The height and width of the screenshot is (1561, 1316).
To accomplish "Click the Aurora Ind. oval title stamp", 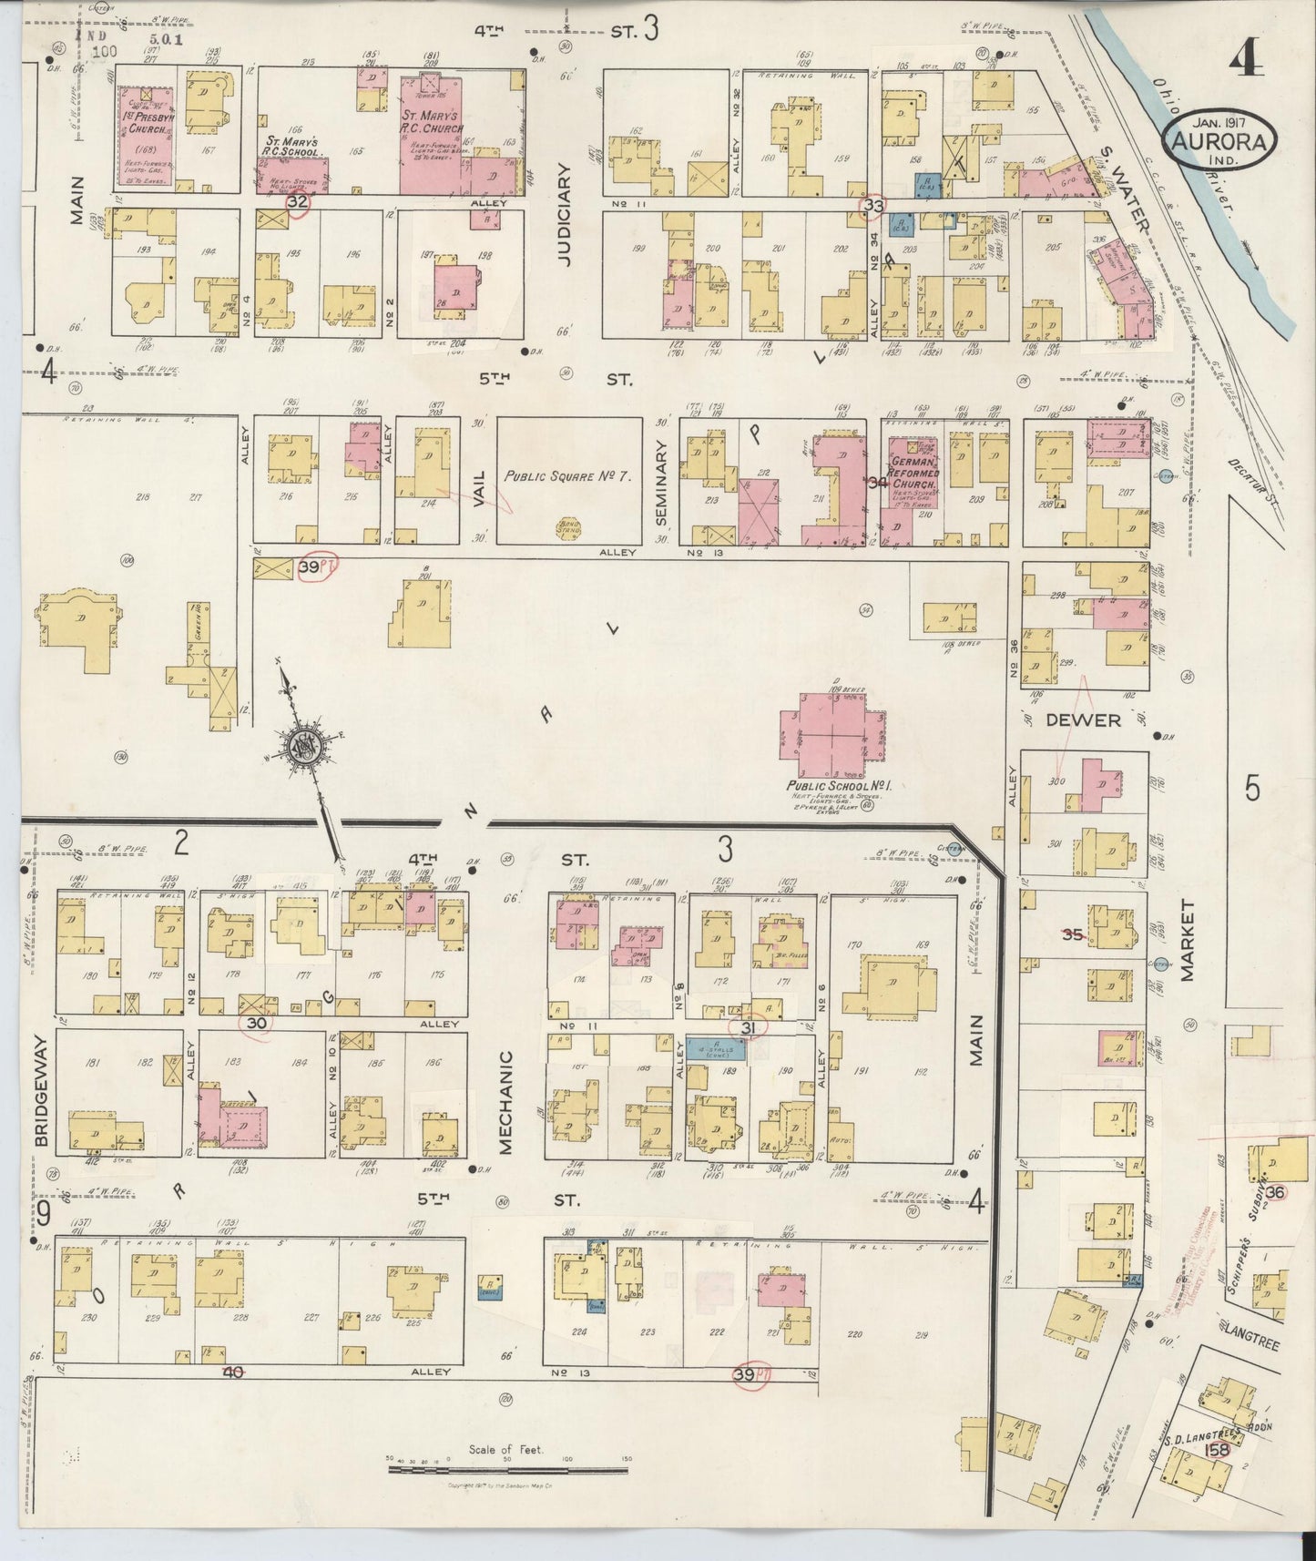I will (x=1219, y=137).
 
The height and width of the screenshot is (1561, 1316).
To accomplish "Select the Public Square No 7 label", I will (x=568, y=476).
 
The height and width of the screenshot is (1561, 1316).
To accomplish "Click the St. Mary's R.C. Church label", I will (x=433, y=122).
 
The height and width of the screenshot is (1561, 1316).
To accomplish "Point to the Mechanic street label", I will (x=507, y=1103).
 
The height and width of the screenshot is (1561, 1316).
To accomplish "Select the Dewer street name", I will (x=1082, y=720).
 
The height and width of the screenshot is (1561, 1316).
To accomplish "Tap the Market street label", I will (x=1188, y=941).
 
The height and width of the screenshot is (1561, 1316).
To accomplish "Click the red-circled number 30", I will (x=257, y=1023).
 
